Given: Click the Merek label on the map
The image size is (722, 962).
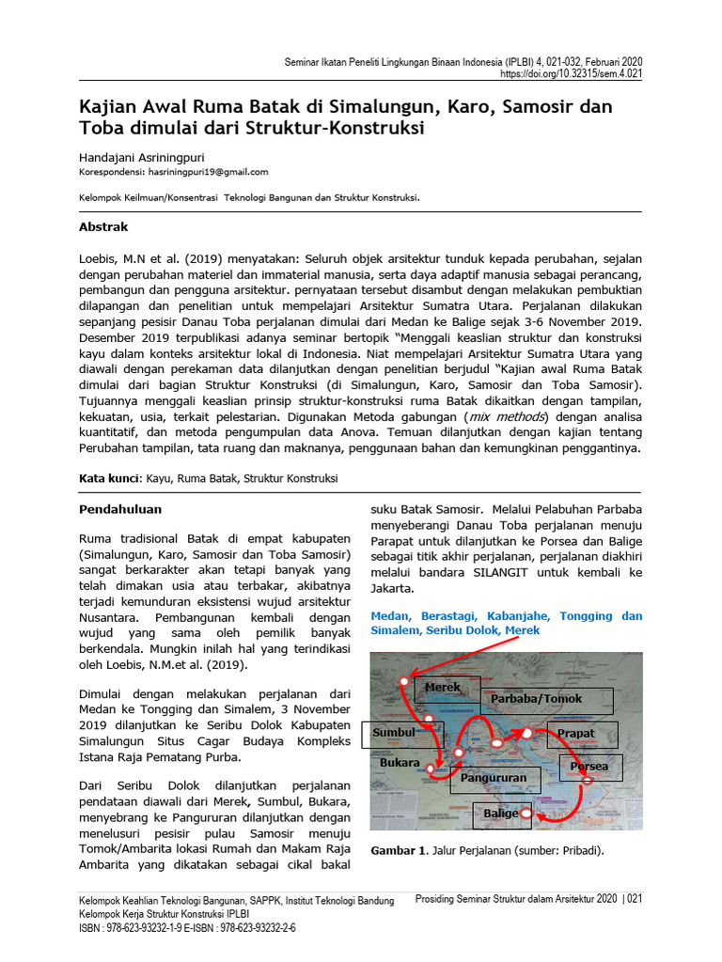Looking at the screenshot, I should (443, 688).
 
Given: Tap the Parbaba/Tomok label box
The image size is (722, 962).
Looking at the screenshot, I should (536, 699).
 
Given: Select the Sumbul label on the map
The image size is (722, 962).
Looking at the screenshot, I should (394, 733).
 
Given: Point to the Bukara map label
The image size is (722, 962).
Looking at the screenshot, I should (399, 763).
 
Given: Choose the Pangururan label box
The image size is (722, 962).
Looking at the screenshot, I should (494, 778).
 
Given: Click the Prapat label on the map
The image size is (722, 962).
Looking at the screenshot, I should (576, 733).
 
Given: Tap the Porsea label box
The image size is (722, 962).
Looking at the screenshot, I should (589, 767).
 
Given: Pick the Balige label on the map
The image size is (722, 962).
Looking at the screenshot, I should (501, 813).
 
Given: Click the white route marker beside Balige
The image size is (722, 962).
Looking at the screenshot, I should (526, 813).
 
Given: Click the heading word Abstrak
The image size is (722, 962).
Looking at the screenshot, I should (103, 227).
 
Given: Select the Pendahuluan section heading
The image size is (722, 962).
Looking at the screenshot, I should (119, 509).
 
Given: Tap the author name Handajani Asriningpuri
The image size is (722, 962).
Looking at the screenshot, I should (142, 158).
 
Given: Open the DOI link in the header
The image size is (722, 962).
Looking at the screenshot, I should (572, 73).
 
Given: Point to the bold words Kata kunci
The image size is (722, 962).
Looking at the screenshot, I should (108, 478).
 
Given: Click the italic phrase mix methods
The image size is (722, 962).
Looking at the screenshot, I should (519, 416).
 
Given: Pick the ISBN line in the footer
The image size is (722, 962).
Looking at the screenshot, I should (187, 928).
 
